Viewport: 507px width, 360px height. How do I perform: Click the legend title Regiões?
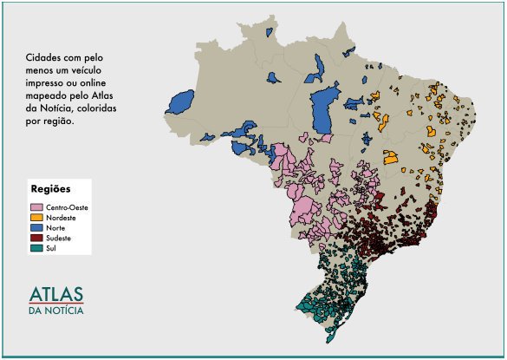tap(50, 189)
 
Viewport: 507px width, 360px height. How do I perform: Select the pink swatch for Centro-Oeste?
tap(37, 207)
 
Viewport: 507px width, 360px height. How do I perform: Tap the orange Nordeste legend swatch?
tap(37, 218)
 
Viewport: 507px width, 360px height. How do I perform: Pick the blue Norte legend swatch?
tap(37, 227)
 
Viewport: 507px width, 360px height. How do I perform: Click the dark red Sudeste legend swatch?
tap(37, 238)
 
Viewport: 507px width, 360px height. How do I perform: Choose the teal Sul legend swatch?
tap(37, 247)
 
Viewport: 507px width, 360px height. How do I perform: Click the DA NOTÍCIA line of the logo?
tap(57, 310)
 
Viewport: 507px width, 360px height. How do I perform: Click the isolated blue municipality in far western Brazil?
tap(183, 101)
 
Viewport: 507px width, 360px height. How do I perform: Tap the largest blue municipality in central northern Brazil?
tap(324, 108)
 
